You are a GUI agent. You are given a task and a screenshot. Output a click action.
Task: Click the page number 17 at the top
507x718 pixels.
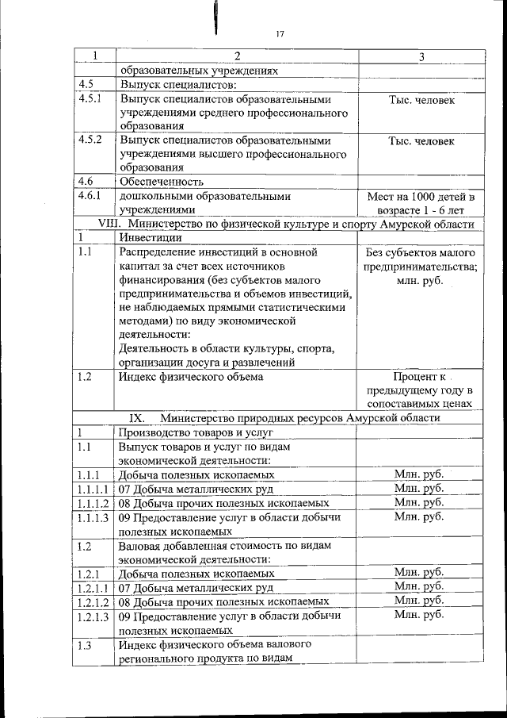[280, 33]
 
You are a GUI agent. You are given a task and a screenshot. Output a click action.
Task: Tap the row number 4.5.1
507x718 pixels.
[90, 100]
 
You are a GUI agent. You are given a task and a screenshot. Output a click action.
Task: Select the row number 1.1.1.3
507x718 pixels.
[93, 517]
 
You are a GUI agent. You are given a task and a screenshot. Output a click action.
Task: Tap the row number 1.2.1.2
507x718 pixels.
[93, 602]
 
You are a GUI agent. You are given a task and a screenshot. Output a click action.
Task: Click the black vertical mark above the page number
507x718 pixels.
[215, 17]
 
